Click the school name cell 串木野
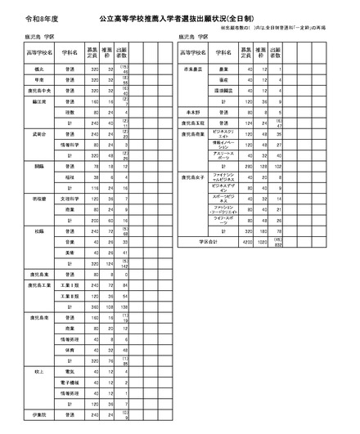pos(195,112)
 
